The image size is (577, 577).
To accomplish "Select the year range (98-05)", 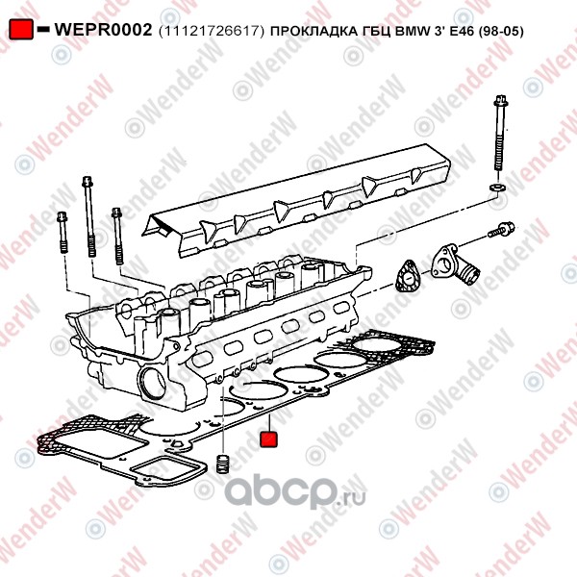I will tap(502, 31).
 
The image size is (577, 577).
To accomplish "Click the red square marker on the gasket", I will tap(269, 439).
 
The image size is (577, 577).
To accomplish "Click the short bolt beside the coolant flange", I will tap(503, 230).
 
